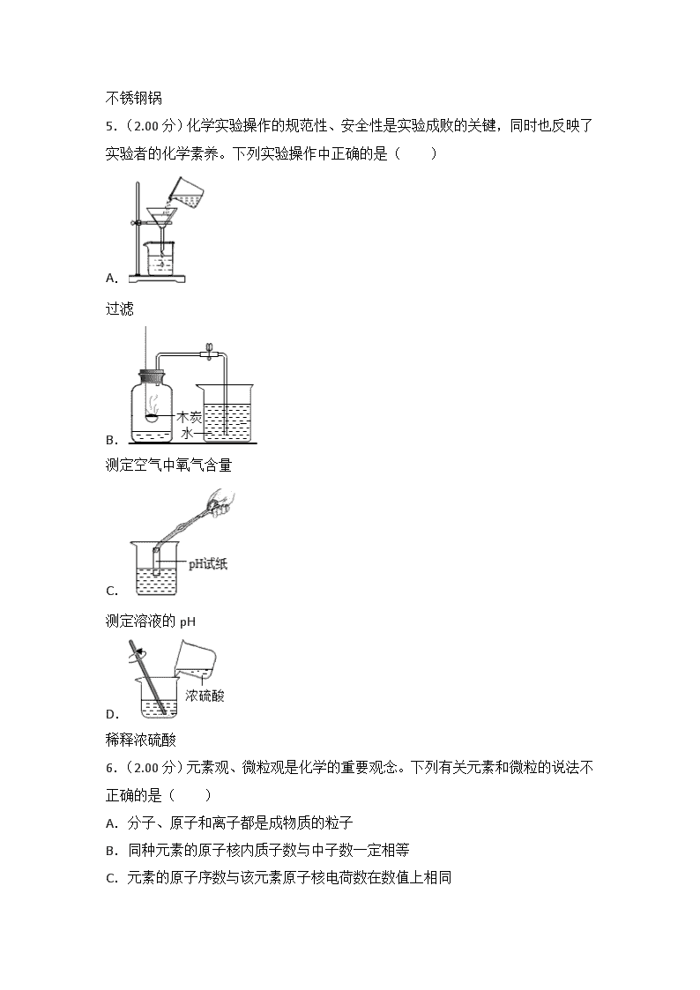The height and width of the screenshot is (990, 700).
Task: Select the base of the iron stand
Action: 157,279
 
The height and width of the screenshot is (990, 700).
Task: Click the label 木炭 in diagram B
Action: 189,417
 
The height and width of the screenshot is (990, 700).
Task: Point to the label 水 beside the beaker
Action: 188,433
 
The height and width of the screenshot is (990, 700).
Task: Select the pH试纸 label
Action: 208,564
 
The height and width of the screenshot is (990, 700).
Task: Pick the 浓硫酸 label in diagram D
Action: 205,696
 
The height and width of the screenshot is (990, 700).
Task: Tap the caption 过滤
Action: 119,309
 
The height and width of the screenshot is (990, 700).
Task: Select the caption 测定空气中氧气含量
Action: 168,465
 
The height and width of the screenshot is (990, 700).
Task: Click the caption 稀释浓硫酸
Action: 141,740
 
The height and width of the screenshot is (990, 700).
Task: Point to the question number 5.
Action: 111,126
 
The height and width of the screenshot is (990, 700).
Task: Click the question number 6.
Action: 111,768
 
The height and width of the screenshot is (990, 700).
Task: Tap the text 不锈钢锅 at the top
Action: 134,98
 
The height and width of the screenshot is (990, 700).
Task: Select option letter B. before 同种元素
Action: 112,851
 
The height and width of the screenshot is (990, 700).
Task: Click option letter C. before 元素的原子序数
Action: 112,878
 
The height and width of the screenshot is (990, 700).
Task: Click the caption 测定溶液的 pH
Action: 151,622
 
